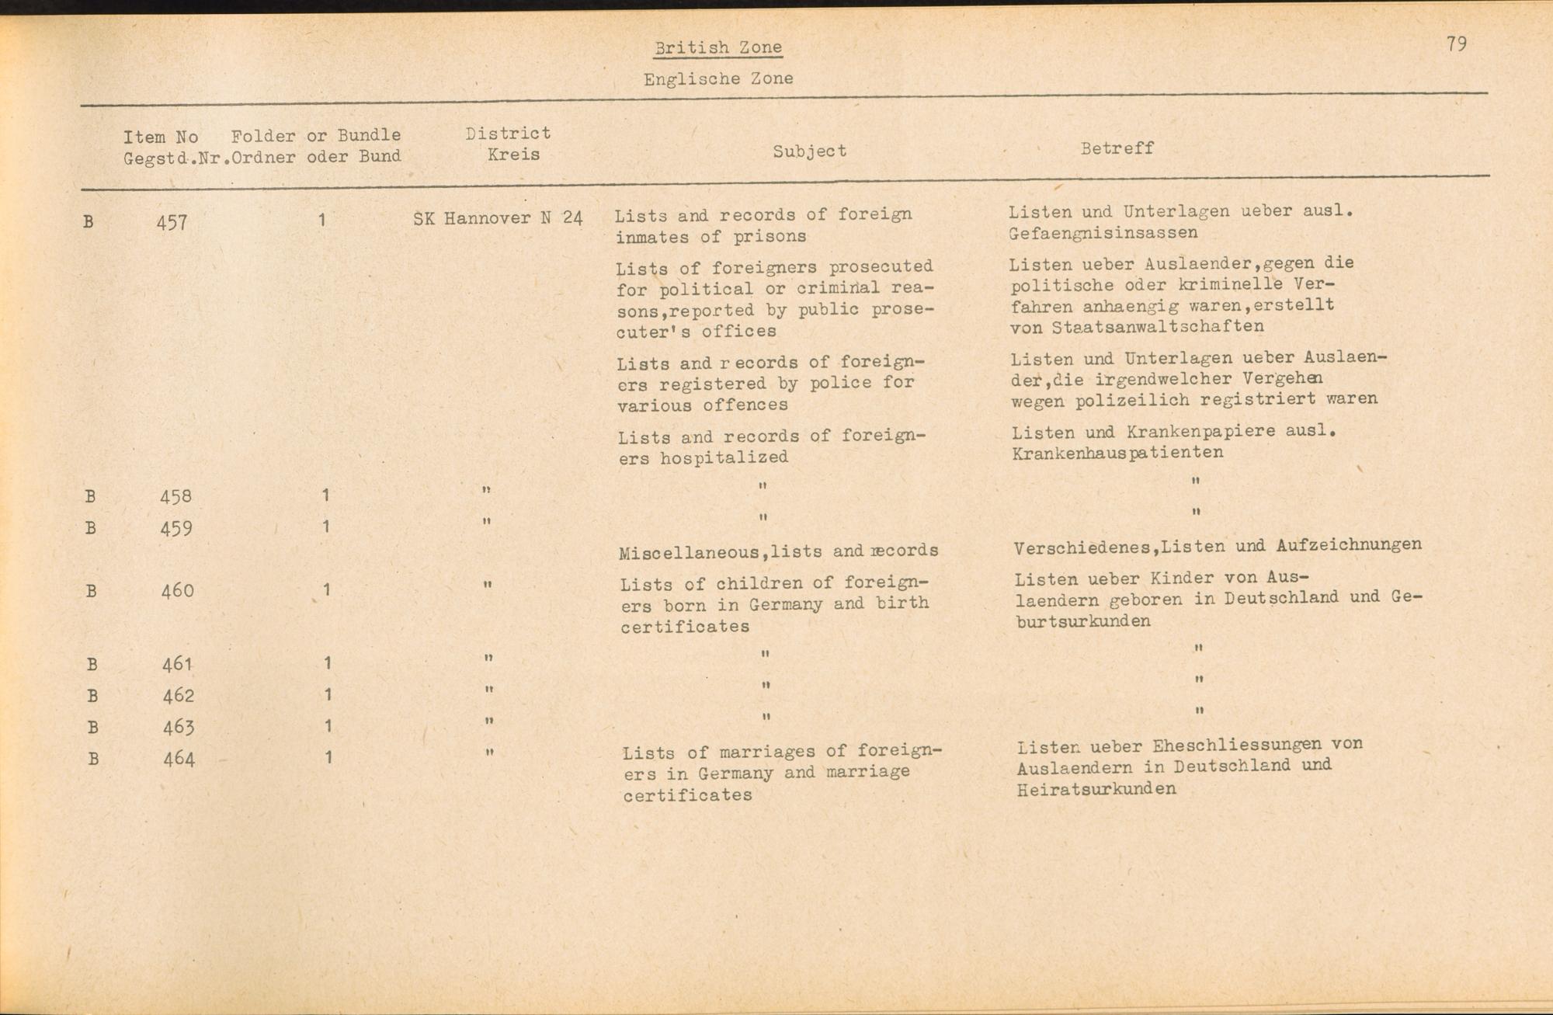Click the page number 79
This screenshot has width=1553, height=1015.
tap(1456, 44)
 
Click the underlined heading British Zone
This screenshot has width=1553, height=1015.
tap(717, 47)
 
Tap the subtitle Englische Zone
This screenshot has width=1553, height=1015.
tap(717, 78)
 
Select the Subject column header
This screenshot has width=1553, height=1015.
tap(809, 151)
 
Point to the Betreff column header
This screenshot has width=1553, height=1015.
tap(1117, 148)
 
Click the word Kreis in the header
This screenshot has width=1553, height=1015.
tap(513, 154)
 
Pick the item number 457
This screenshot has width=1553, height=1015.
tap(172, 223)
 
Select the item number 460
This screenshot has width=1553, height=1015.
tap(177, 591)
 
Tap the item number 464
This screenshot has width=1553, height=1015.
tap(179, 759)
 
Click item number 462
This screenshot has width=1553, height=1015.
tap(179, 696)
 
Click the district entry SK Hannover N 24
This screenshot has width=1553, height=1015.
tap(498, 218)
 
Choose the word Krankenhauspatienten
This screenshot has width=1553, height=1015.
tap(1117, 453)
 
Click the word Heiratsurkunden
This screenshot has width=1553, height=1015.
tap(1096, 789)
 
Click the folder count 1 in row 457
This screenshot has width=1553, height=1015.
tap(321, 221)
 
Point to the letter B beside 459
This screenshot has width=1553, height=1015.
tap(91, 528)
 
